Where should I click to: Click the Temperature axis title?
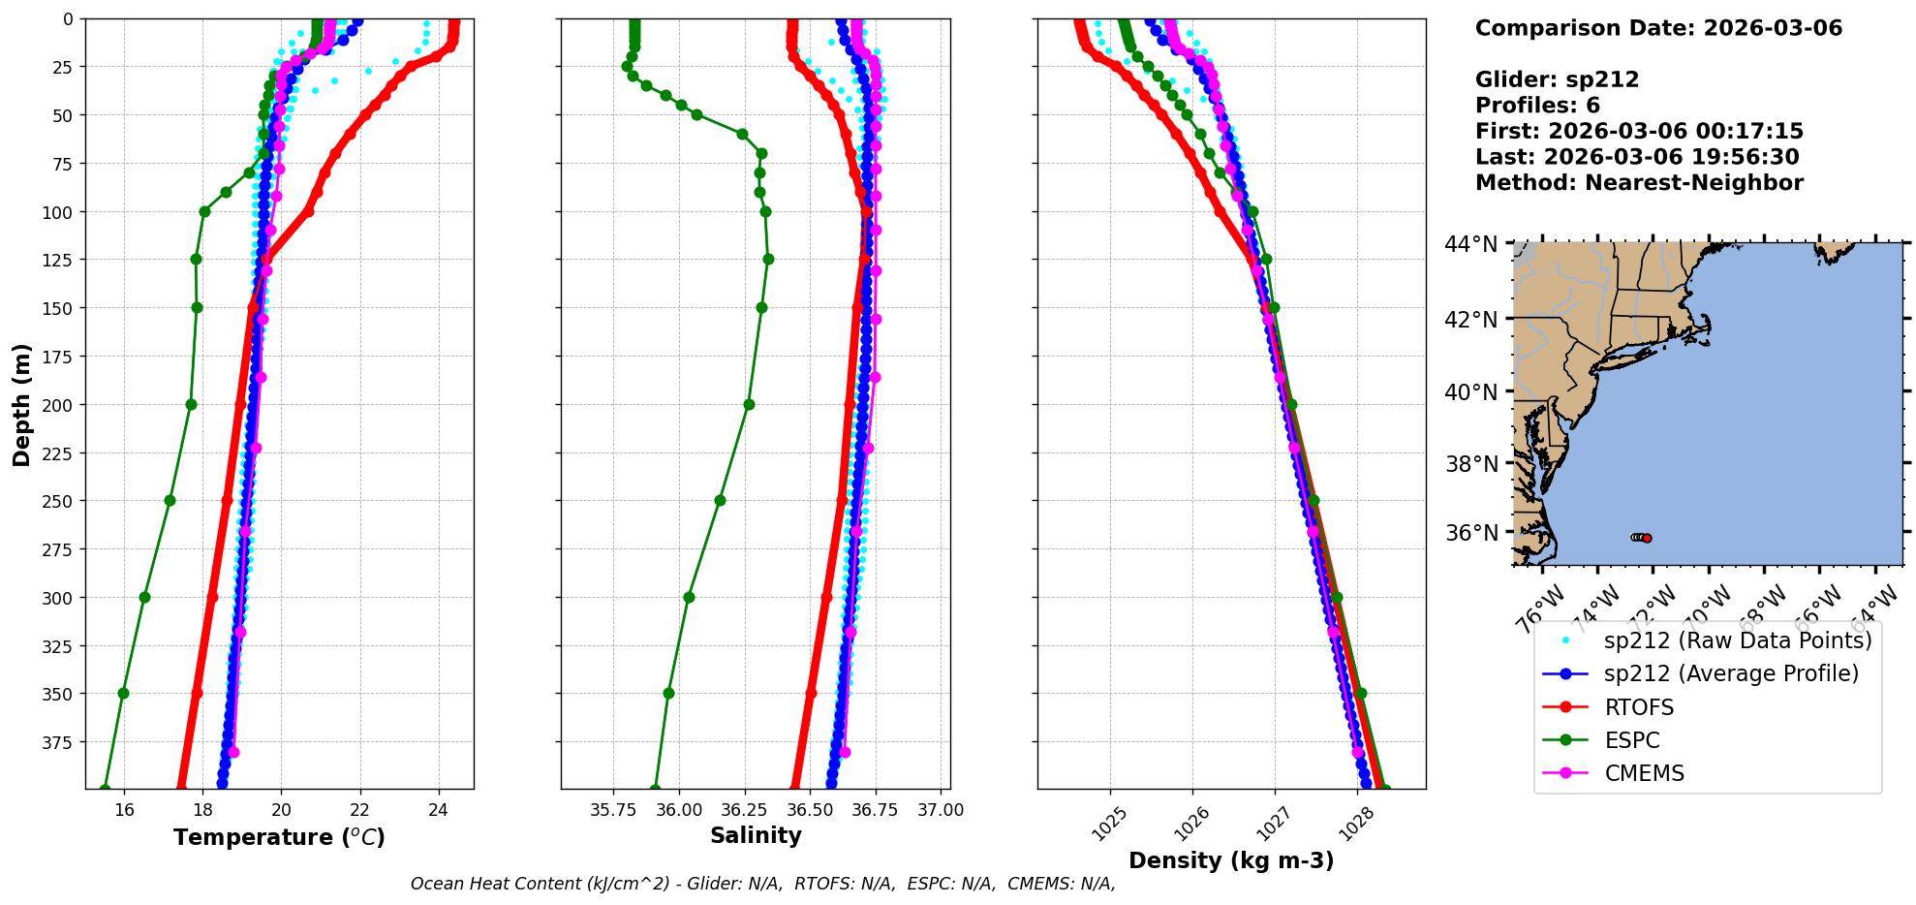[x=279, y=837]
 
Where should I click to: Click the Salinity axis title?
[x=756, y=835]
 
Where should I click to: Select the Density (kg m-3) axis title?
[x=1231, y=860]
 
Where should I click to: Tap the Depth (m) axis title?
[x=21, y=404]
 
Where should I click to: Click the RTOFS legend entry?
[x=1639, y=707]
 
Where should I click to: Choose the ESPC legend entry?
[x=1631, y=740]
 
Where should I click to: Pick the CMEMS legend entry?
[x=1644, y=773]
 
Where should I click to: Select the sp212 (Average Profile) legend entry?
[x=1731, y=673]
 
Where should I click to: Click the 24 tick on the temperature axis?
[x=438, y=810]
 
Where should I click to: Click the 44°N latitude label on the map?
[x=1470, y=244]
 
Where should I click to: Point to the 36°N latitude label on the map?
[x=1470, y=533]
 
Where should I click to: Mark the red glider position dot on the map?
[x=1647, y=538]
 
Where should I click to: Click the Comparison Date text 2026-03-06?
[x=1773, y=28]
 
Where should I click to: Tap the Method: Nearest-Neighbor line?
[x=1639, y=183]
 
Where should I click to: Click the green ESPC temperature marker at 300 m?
[x=144, y=597]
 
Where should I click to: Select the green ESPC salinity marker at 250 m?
[x=720, y=501]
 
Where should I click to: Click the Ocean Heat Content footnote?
[x=762, y=884]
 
